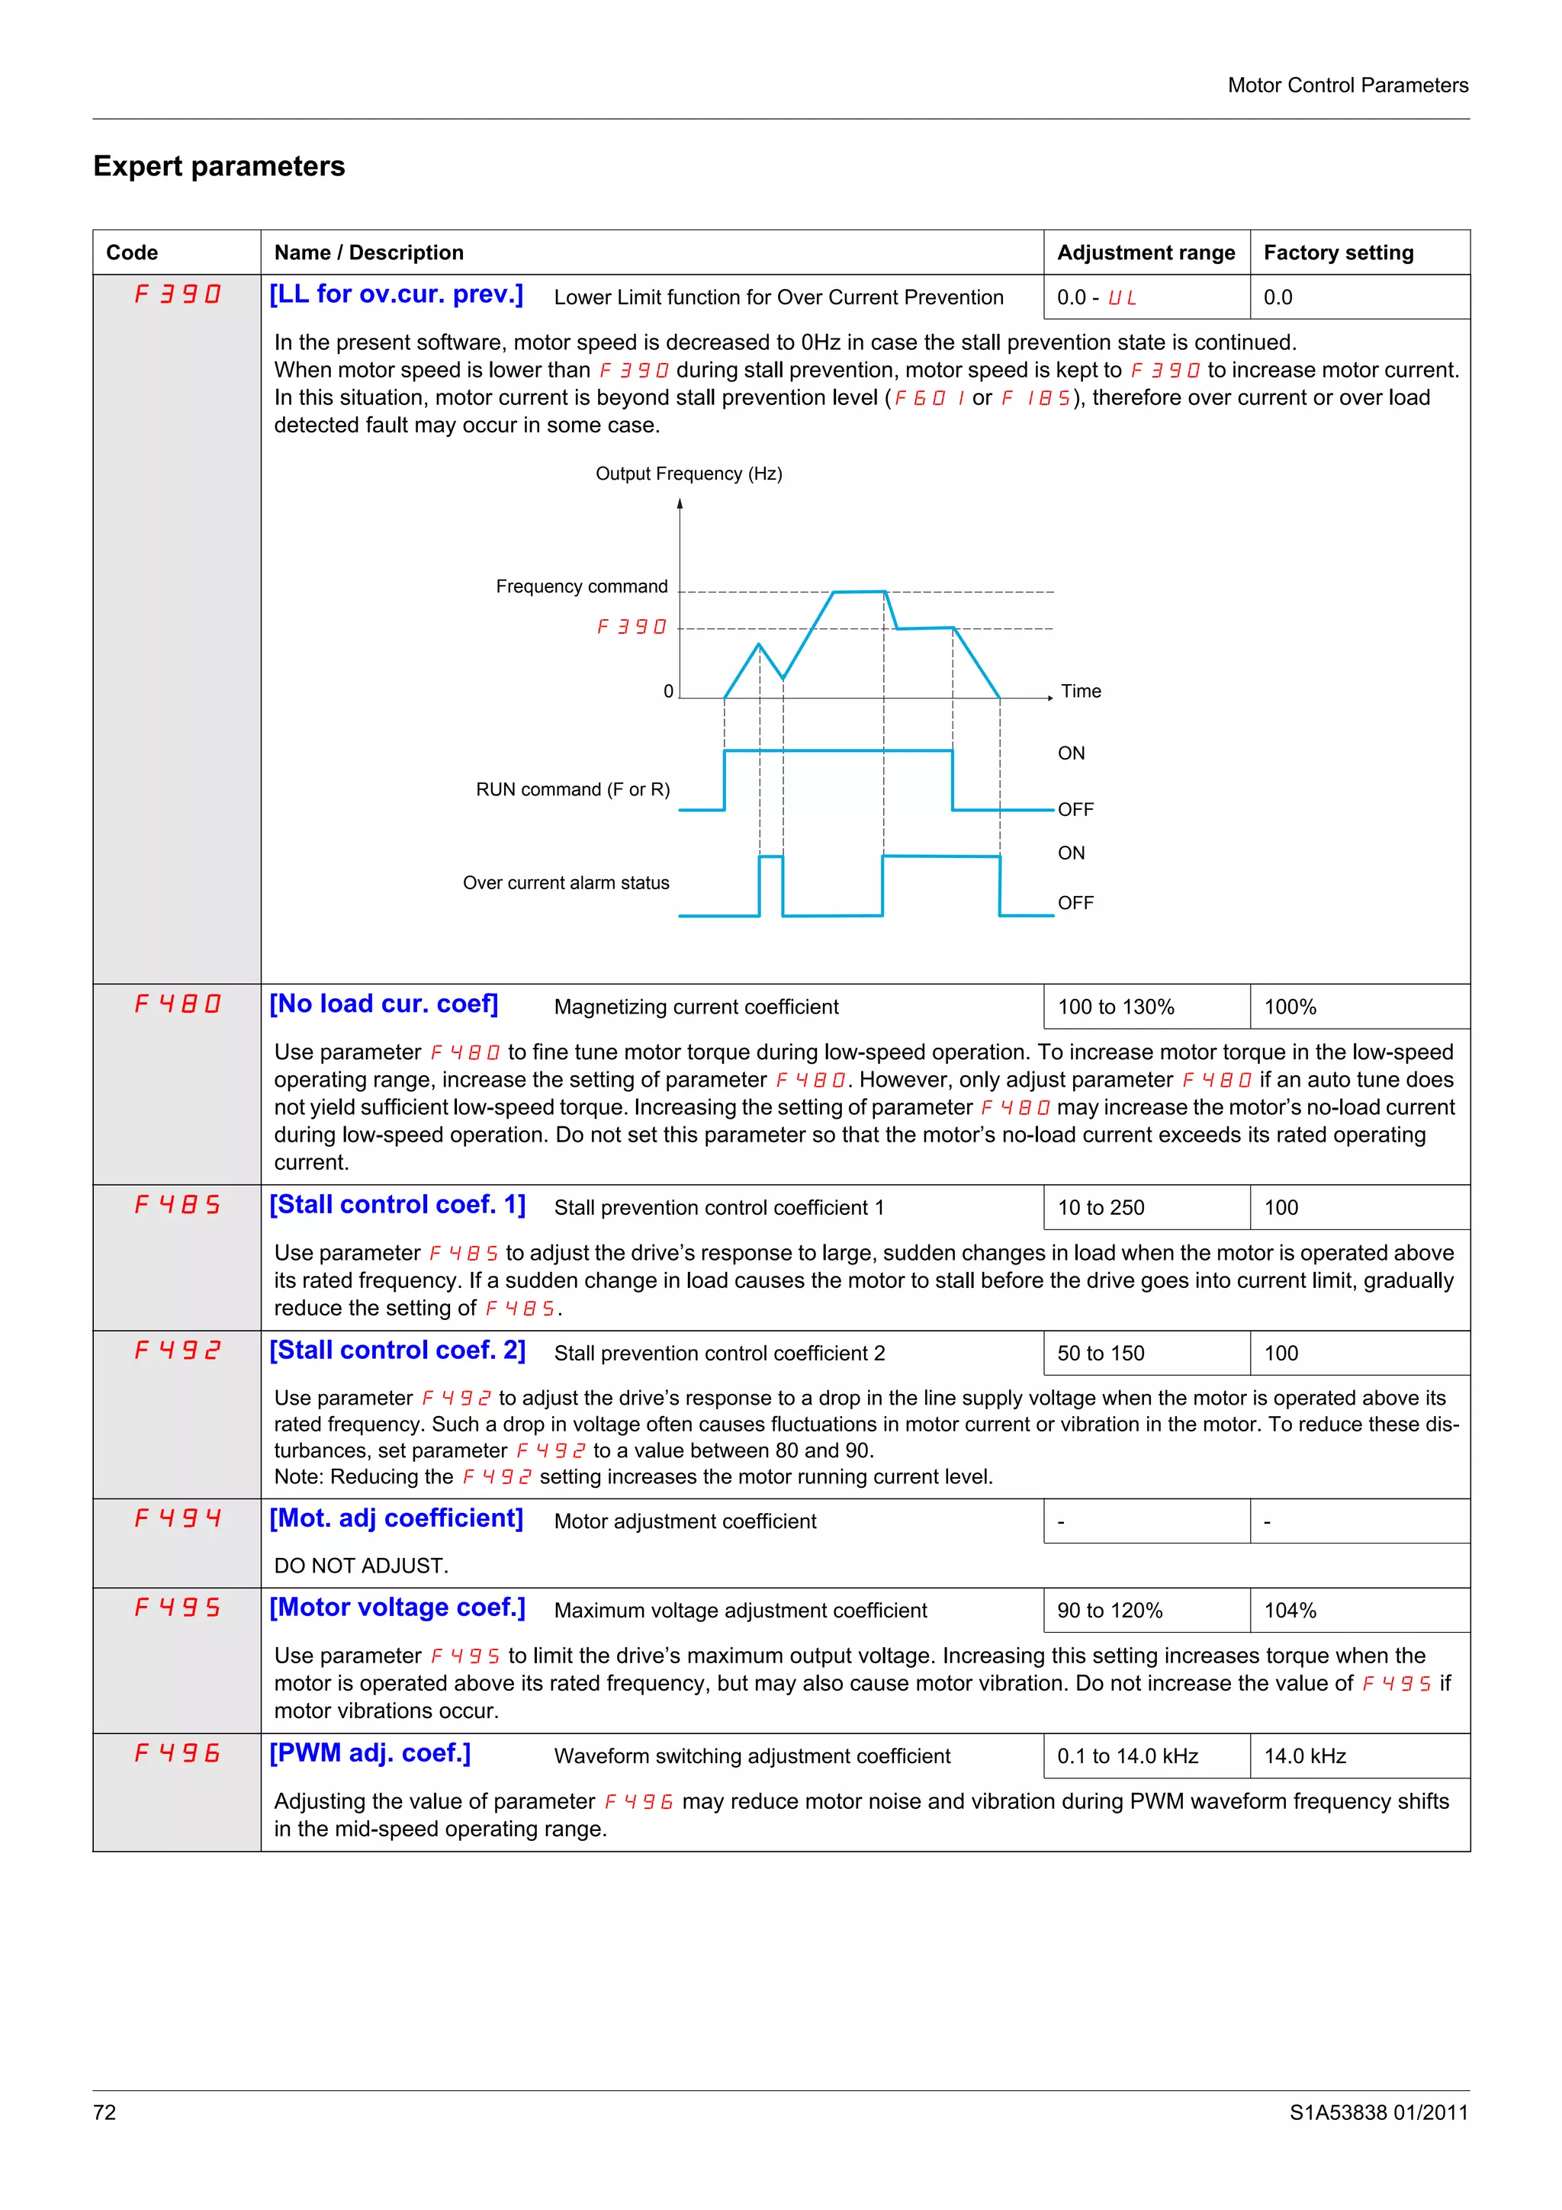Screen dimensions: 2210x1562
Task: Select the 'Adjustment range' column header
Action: [1146, 252]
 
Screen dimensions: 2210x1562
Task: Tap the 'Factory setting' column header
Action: [1338, 252]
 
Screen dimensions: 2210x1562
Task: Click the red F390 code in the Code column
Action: [177, 294]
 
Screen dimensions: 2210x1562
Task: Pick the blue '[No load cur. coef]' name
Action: [383, 1004]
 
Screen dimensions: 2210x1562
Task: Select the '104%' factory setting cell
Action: [1290, 1611]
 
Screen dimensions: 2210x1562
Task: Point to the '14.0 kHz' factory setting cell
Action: [1304, 1755]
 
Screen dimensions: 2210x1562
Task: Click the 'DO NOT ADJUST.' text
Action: [361, 1566]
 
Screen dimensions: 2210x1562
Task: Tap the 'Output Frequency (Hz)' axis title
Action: [688, 474]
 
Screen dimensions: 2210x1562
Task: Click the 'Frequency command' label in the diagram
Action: [581, 586]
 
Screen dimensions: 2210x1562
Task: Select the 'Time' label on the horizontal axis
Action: [1080, 691]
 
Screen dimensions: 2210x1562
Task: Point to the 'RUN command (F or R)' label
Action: [573, 789]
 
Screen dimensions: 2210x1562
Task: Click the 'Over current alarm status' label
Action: [566, 882]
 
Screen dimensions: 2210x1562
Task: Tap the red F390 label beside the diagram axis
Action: [632, 627]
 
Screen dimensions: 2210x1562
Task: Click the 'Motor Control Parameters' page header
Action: [1348, 85]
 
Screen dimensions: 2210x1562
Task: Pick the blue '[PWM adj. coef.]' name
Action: [370, 1752]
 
